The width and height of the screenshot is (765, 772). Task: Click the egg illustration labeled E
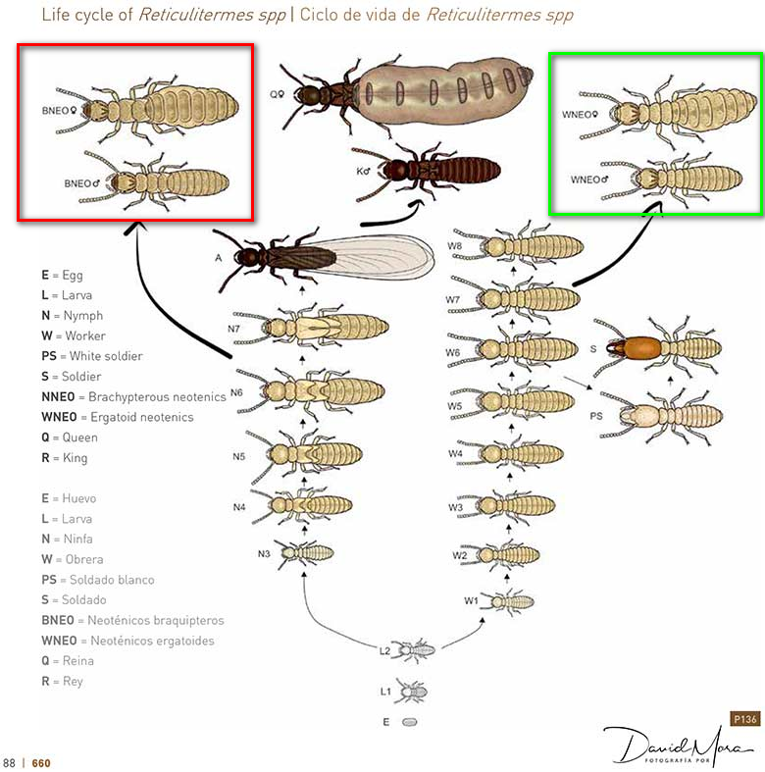pos(410,722)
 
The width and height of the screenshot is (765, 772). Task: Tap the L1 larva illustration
pos(412,692)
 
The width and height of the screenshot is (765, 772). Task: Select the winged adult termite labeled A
pos(325,258)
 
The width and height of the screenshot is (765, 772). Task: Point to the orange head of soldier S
pos(640,347)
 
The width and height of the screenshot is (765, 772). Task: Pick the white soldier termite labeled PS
pos(661,417)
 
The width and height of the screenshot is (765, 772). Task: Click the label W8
pos(455,245)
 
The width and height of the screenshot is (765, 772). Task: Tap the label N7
pos(233,329)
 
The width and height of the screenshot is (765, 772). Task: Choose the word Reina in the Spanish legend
pos(78,661)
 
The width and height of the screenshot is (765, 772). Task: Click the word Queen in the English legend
pos(79,437)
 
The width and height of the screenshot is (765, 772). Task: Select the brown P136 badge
pos(744,719)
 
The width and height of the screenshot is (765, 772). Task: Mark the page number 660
pos(41,762)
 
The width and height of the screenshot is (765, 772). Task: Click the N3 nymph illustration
pos(304,553)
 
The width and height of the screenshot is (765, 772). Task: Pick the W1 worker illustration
pos(507,601)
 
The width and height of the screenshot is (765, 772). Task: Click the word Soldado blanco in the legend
pos(112,580)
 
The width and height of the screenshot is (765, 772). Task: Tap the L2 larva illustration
pos(415,650)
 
